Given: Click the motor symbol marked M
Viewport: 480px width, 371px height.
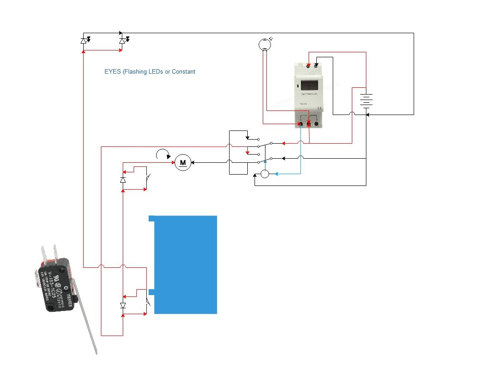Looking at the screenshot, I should [183, 162].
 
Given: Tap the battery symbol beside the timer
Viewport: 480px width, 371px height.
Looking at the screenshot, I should [366, 100].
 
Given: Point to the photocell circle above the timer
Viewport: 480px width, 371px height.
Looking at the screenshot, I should [265, 44].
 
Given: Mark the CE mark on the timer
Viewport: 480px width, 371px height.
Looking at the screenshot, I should [320, 108].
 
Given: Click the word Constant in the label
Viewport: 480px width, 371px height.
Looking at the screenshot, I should [184, 71].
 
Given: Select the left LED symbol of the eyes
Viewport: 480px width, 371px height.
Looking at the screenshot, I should [84, 41].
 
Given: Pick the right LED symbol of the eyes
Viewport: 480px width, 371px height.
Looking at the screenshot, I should [122, 41].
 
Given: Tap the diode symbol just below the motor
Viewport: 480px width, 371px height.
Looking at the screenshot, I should [123, 180].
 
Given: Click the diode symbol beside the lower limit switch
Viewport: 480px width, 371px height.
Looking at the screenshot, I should [123, 306].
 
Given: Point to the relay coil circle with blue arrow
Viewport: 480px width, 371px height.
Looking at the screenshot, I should [265, 174].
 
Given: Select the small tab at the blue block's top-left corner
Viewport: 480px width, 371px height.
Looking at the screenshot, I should [152, 218].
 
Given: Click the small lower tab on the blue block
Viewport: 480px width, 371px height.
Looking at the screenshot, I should [152, 292].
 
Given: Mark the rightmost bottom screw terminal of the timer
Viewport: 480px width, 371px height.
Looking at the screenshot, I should [316, 123].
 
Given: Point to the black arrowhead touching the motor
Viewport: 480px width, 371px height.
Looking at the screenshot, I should [192, 162].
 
